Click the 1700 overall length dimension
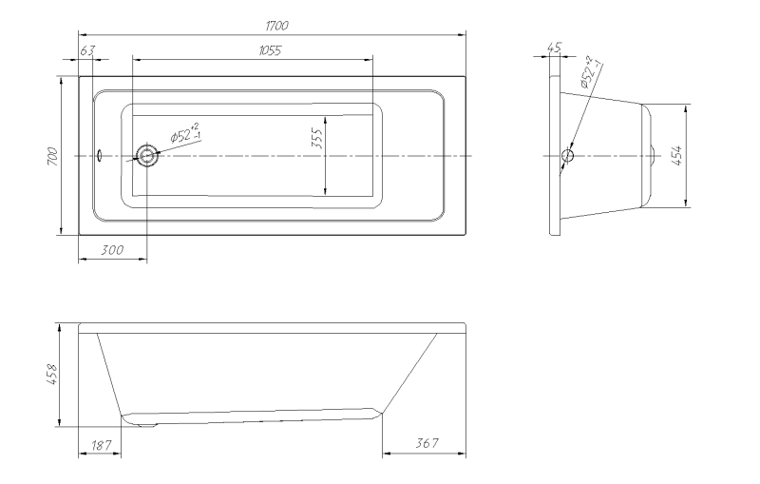[x=276, y=26]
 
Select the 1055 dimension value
[x=270, y=50]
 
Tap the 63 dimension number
[x=87, y=50]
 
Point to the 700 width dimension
[x=53, y=156]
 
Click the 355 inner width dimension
[x=316, y=138]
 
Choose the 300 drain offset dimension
[x=112, y=250]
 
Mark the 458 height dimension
[x=52, y=375]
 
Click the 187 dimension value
[x=101, y=445]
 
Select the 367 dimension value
[x=427, y=443]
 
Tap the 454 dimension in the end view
[x=677, y=155]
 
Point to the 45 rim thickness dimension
[x=554, y=48]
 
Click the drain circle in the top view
[x=146, y=156]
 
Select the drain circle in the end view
[x=567, y=156]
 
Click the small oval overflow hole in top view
[x=100, y=155]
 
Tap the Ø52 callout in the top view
[x=185, y=133]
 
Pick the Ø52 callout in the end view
[x=591, y=72]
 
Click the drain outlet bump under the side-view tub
[x=147, y=425]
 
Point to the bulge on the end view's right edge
[x=653, y=155]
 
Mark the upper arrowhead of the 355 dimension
[x=326, y=121]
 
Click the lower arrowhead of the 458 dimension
[x=59, y=422]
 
